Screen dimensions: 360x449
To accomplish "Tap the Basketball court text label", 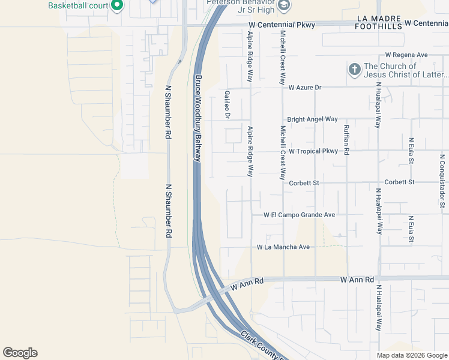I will (x=78, y=6).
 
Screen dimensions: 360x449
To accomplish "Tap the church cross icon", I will (x=354, y=70).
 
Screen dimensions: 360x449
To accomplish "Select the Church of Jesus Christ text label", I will (x=406, y=70).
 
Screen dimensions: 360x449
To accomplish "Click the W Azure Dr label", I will (x=305, y=88).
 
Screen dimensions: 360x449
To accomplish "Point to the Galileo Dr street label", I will (x=228, y=105).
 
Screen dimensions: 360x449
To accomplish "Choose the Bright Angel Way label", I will (x=312, y=119).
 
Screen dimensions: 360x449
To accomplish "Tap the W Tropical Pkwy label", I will (x=313, y=151).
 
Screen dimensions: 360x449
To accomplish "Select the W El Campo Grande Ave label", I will (x=299, y=215).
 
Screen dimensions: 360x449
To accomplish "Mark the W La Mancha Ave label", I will (x=283, y=247).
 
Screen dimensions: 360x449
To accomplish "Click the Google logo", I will (x=20, y=353).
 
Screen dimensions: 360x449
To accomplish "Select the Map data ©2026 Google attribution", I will (x=411, y=355).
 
